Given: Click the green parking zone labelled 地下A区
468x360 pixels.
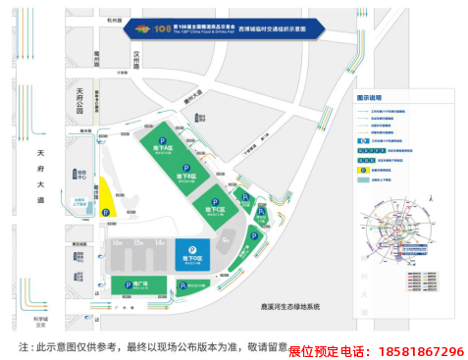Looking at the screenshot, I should [x=162, y=148].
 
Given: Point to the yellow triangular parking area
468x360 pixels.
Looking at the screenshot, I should [x=106, y=200].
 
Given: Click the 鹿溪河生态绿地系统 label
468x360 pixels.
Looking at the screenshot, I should [x=286, y=307].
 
